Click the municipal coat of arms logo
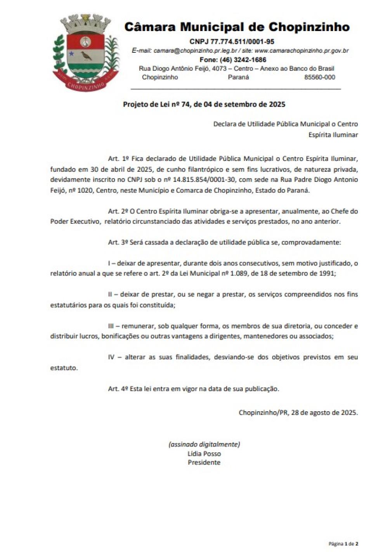coord(85,52)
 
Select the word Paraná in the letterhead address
coord(238,77)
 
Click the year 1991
coord(327,273)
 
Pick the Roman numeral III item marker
coord(112,326)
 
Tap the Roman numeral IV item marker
coord(112,357)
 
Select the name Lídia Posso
coord(204,454)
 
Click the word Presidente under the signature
coord(204,462)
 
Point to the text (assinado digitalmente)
coord(204,444)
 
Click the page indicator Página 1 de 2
coord(343,544)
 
